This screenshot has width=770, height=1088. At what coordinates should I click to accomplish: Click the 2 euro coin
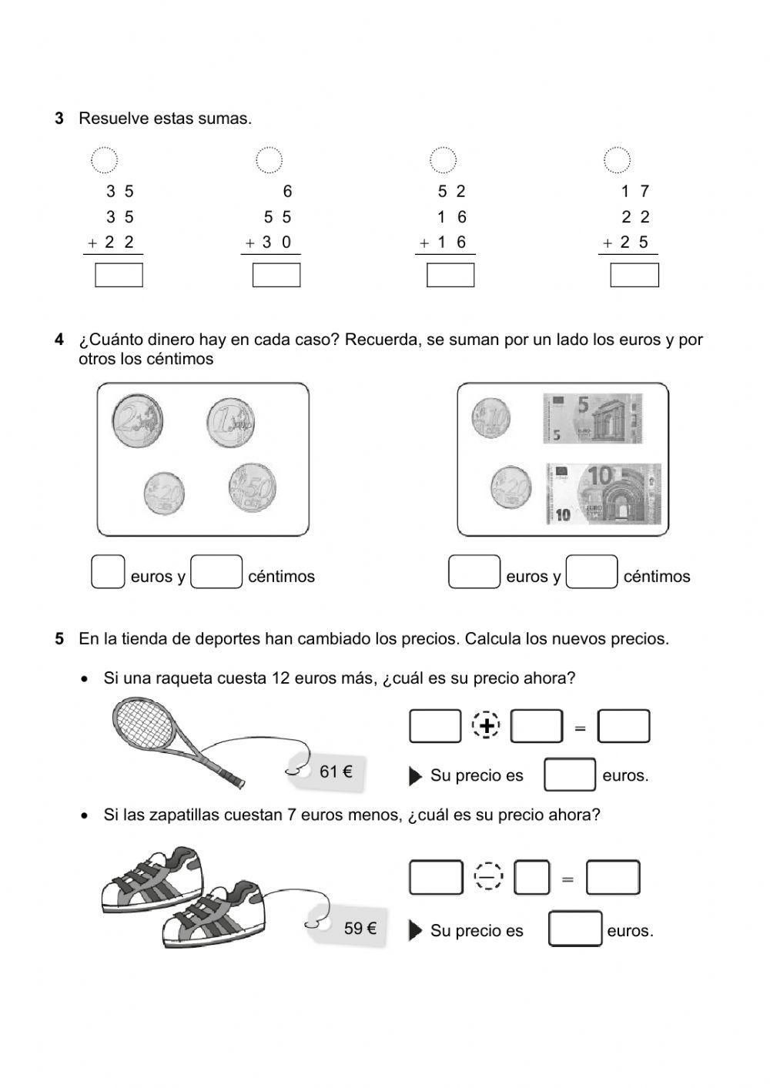point(137,421)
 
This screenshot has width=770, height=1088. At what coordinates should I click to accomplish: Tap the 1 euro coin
point(230,422)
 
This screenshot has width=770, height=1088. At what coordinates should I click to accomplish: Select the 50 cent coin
point(253,488)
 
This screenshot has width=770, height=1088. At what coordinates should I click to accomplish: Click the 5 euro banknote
point(592,418)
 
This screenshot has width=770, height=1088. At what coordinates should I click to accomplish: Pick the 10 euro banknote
point(604,494)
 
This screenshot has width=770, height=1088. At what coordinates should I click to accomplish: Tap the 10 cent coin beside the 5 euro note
point(490,418)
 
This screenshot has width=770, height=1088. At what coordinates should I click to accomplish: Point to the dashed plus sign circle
point(486,726)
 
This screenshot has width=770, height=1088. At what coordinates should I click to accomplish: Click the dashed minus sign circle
point(488,877)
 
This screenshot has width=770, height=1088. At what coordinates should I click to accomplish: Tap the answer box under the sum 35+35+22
point(119,275)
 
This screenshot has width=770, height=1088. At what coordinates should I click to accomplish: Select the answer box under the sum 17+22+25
point(634,275)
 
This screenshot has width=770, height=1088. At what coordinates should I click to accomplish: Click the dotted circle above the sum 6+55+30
point(269,160)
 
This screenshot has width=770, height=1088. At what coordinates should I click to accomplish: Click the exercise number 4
point(59,340)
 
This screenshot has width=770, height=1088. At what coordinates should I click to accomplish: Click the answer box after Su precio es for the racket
point(569,775)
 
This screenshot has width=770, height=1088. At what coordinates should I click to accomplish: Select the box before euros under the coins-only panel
point(108,572)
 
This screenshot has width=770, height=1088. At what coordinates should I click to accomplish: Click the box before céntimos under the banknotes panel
point(591,572)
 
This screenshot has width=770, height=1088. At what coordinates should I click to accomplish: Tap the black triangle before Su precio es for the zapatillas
point(415,931)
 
